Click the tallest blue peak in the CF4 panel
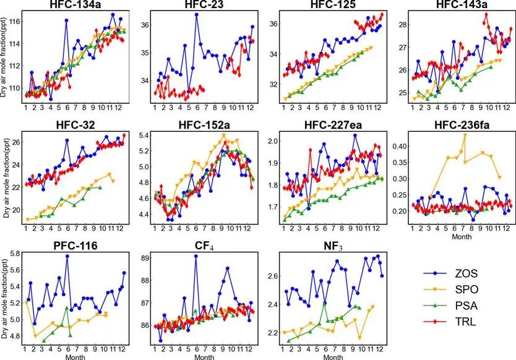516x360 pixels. (196, 256)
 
